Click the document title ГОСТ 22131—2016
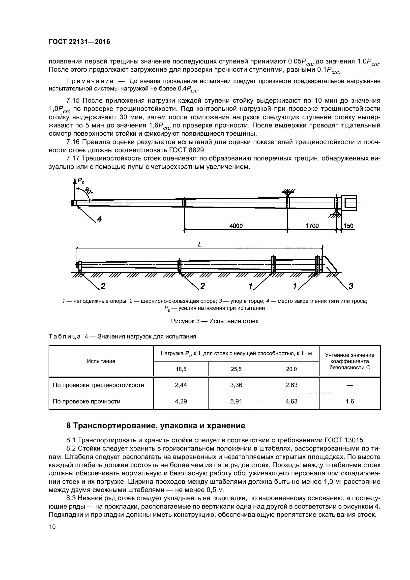(79, 42)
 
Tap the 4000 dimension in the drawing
(236, 226)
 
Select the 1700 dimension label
(312, 226)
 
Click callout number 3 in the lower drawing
(351, 286)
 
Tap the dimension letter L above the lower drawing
(200, 244)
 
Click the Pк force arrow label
(81, 180)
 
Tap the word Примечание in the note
(90, 81)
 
